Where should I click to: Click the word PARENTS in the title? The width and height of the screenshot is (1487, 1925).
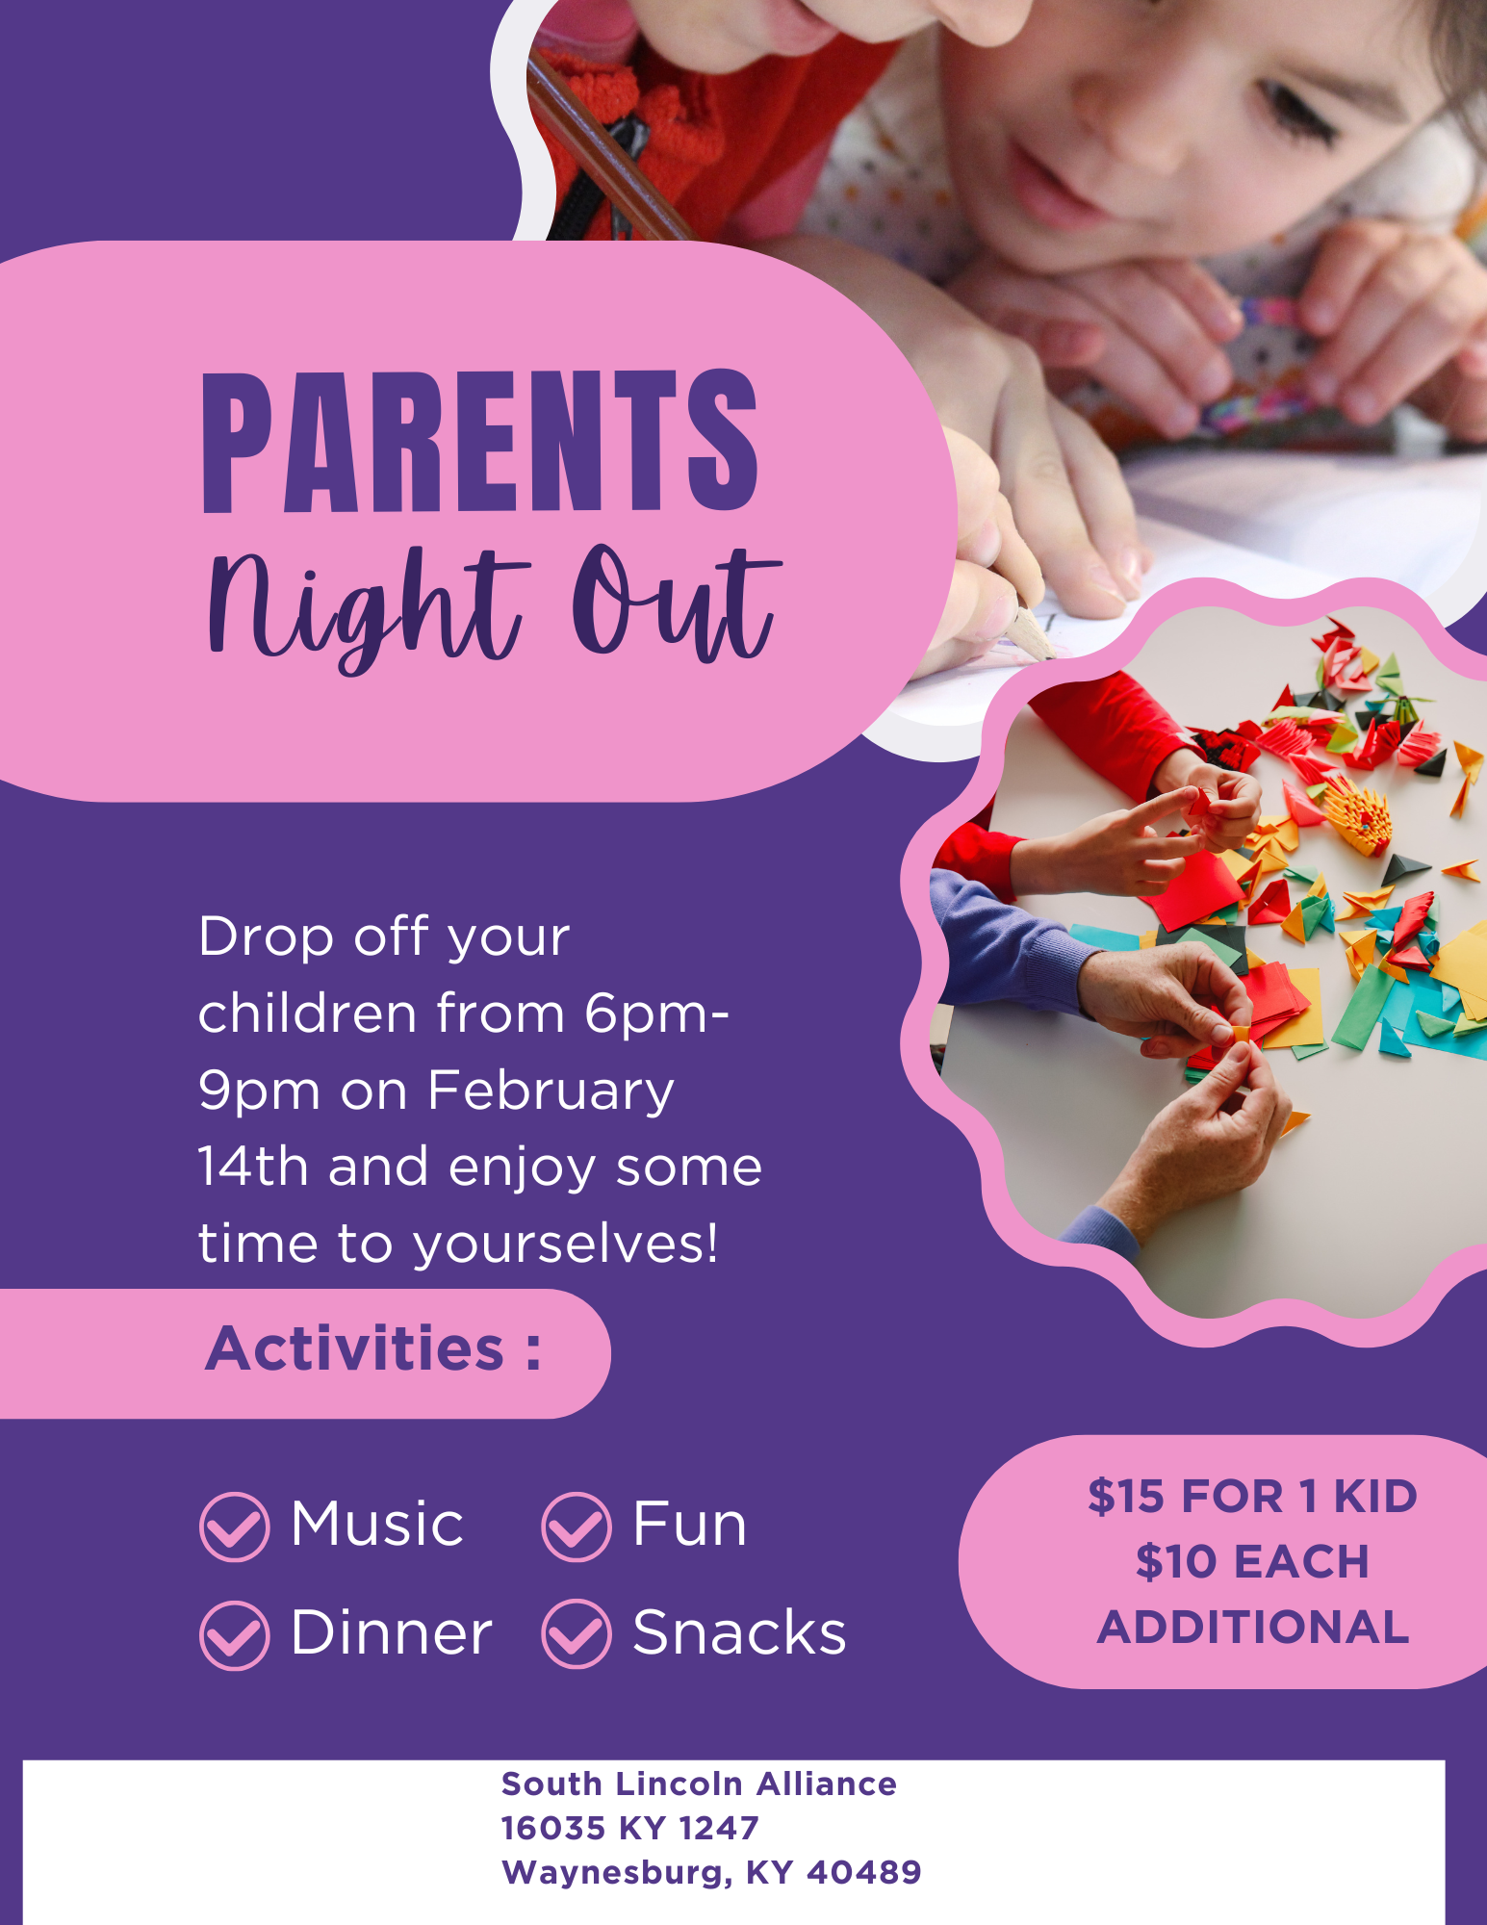[x=480, y=442]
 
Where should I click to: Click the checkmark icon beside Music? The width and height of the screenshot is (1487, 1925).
[x=234, y=1527]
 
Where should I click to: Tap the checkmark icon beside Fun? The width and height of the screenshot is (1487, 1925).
[x=576, y=1527]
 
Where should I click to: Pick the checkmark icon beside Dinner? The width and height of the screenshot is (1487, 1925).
[x=234, y=1634]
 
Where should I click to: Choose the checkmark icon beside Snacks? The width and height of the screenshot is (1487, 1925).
[x=576, y=1634]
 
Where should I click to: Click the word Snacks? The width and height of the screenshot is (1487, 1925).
[x=739, y=1632]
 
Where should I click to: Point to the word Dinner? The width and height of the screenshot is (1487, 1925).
[x=392, y=1632]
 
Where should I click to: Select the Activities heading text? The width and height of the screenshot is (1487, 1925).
[x=373, y=1347]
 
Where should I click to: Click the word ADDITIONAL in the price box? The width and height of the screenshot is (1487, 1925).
[x=1253, y=1628]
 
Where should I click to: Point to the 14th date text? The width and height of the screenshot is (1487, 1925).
[x=252, y=1167]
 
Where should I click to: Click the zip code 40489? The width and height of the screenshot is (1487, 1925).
[x=864, y=1872]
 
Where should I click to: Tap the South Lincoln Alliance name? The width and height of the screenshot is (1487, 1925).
[x=699, y=1784]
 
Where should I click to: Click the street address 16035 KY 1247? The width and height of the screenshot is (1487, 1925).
[x=630, y=1828]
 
